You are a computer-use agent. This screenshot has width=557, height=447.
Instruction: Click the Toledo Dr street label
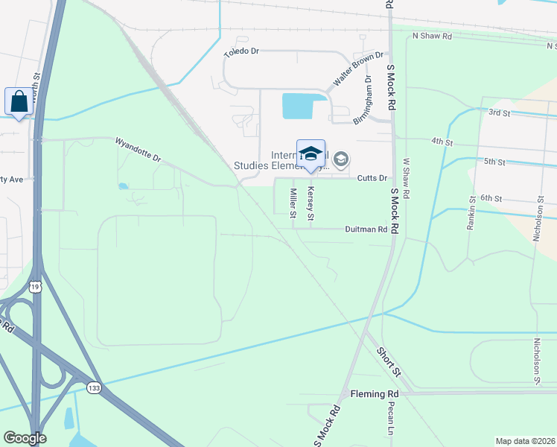click(241, 52)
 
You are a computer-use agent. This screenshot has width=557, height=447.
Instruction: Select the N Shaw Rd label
click(432, 36)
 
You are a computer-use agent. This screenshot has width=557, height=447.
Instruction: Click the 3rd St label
click(499, 112)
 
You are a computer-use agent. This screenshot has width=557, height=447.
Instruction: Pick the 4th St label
click(442, 141)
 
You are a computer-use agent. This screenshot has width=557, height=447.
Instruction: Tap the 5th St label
click(495, 161)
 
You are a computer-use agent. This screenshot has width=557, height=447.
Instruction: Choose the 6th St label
click(492, 198)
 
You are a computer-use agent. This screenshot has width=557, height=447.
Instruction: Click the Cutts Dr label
click(372, 178)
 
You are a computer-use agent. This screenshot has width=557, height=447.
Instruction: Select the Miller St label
click(293, 203)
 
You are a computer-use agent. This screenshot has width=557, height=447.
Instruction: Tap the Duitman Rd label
click(366, 230)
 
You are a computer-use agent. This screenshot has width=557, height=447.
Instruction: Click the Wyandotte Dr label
click(138, 148)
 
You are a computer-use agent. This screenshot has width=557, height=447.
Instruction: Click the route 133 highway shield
click(94, 388)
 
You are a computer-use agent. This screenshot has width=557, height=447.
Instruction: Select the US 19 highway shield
click(35, 286)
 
